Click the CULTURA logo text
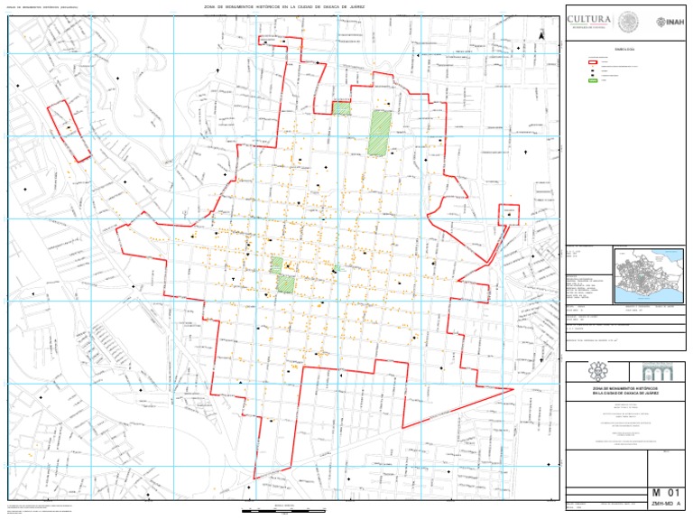pyautogui.click(x=589, y=19)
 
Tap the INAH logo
pyautogui.click(x=669, y=21)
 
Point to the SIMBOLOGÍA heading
pyautogui.click(x=624, y=49)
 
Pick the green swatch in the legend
pyautogui.click(x=595, y=81)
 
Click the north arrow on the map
pyautogui.click(x=541, y=33)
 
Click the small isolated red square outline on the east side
pyautogui.click(x=510, y=214)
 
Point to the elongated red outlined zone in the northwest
pyautogui.click(x=69, y=131)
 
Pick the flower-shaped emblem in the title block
pyautogui.click(x=595, y=372)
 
